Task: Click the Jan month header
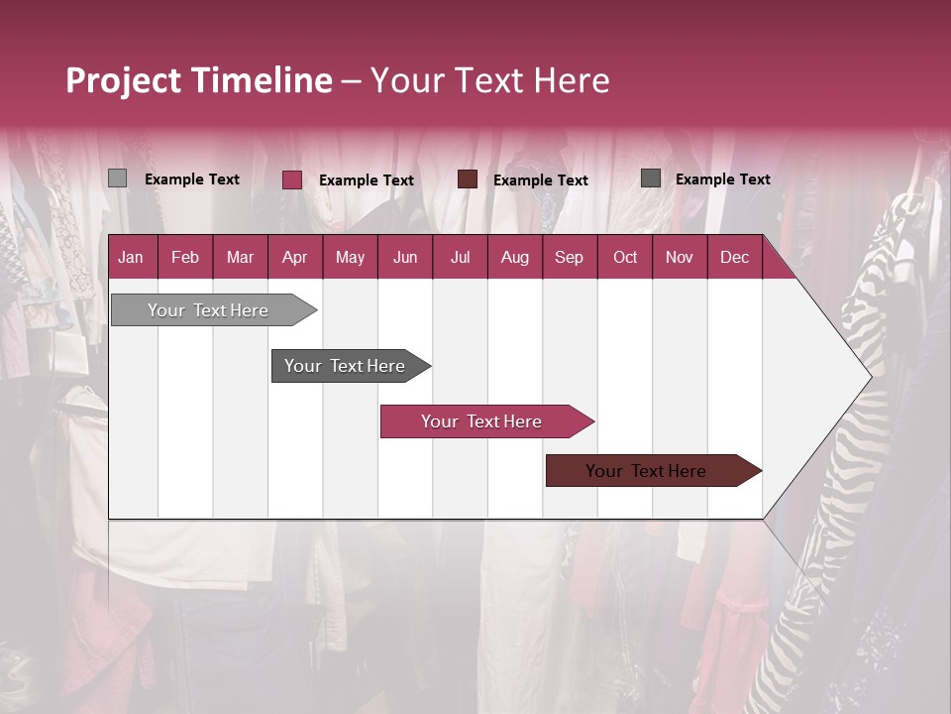131,257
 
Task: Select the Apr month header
294,257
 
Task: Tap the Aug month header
514,257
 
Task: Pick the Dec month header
734,257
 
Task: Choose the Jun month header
405,257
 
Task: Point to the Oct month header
625,257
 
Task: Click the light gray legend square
117,178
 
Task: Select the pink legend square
292,179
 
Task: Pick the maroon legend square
468,179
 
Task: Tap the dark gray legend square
651,178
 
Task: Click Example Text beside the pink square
367,180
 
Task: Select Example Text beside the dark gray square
723,179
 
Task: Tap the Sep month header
569,257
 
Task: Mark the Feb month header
185,257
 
